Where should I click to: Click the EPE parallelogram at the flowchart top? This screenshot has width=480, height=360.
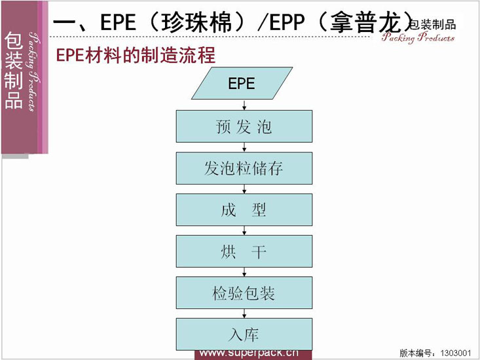click(x=242, y=83)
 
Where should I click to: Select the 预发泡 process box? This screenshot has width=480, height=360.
click(x=244, y=126)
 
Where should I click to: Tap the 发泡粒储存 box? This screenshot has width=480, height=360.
click(x=244, y=168)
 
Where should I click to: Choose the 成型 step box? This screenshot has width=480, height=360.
click(x=244, y=210)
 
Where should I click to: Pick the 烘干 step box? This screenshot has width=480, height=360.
click(x=244, y=251)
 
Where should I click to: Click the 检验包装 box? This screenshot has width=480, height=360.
click(x=244, y=293)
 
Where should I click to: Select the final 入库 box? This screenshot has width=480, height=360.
click(x=244, y=334)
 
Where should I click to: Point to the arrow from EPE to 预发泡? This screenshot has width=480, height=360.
click(x=244, y=105)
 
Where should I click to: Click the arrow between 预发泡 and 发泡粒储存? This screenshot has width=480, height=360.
click(x=244, y=147)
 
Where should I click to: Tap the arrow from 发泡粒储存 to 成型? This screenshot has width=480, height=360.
click(x=244, y=189)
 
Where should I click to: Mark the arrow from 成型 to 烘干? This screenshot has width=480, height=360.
click(x=244, y=230)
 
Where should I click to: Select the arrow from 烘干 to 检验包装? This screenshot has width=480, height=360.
click(x=244, y=272)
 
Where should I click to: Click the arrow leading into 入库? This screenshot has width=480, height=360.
click(x=244, y=314)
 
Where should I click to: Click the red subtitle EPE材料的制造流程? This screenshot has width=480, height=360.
click(x=136, y=55)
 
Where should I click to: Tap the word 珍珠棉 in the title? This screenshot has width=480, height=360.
click(x=196, y=22)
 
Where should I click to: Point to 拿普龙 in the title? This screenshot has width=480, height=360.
click(x=366, y=22)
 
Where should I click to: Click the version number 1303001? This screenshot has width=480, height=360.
click(x=456, y=353)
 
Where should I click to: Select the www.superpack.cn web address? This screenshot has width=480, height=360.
click(x=249, y=353)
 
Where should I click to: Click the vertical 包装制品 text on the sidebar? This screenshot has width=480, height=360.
click(x=14, y=71)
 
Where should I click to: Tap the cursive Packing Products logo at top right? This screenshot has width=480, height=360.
click(x=418, y=37)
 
